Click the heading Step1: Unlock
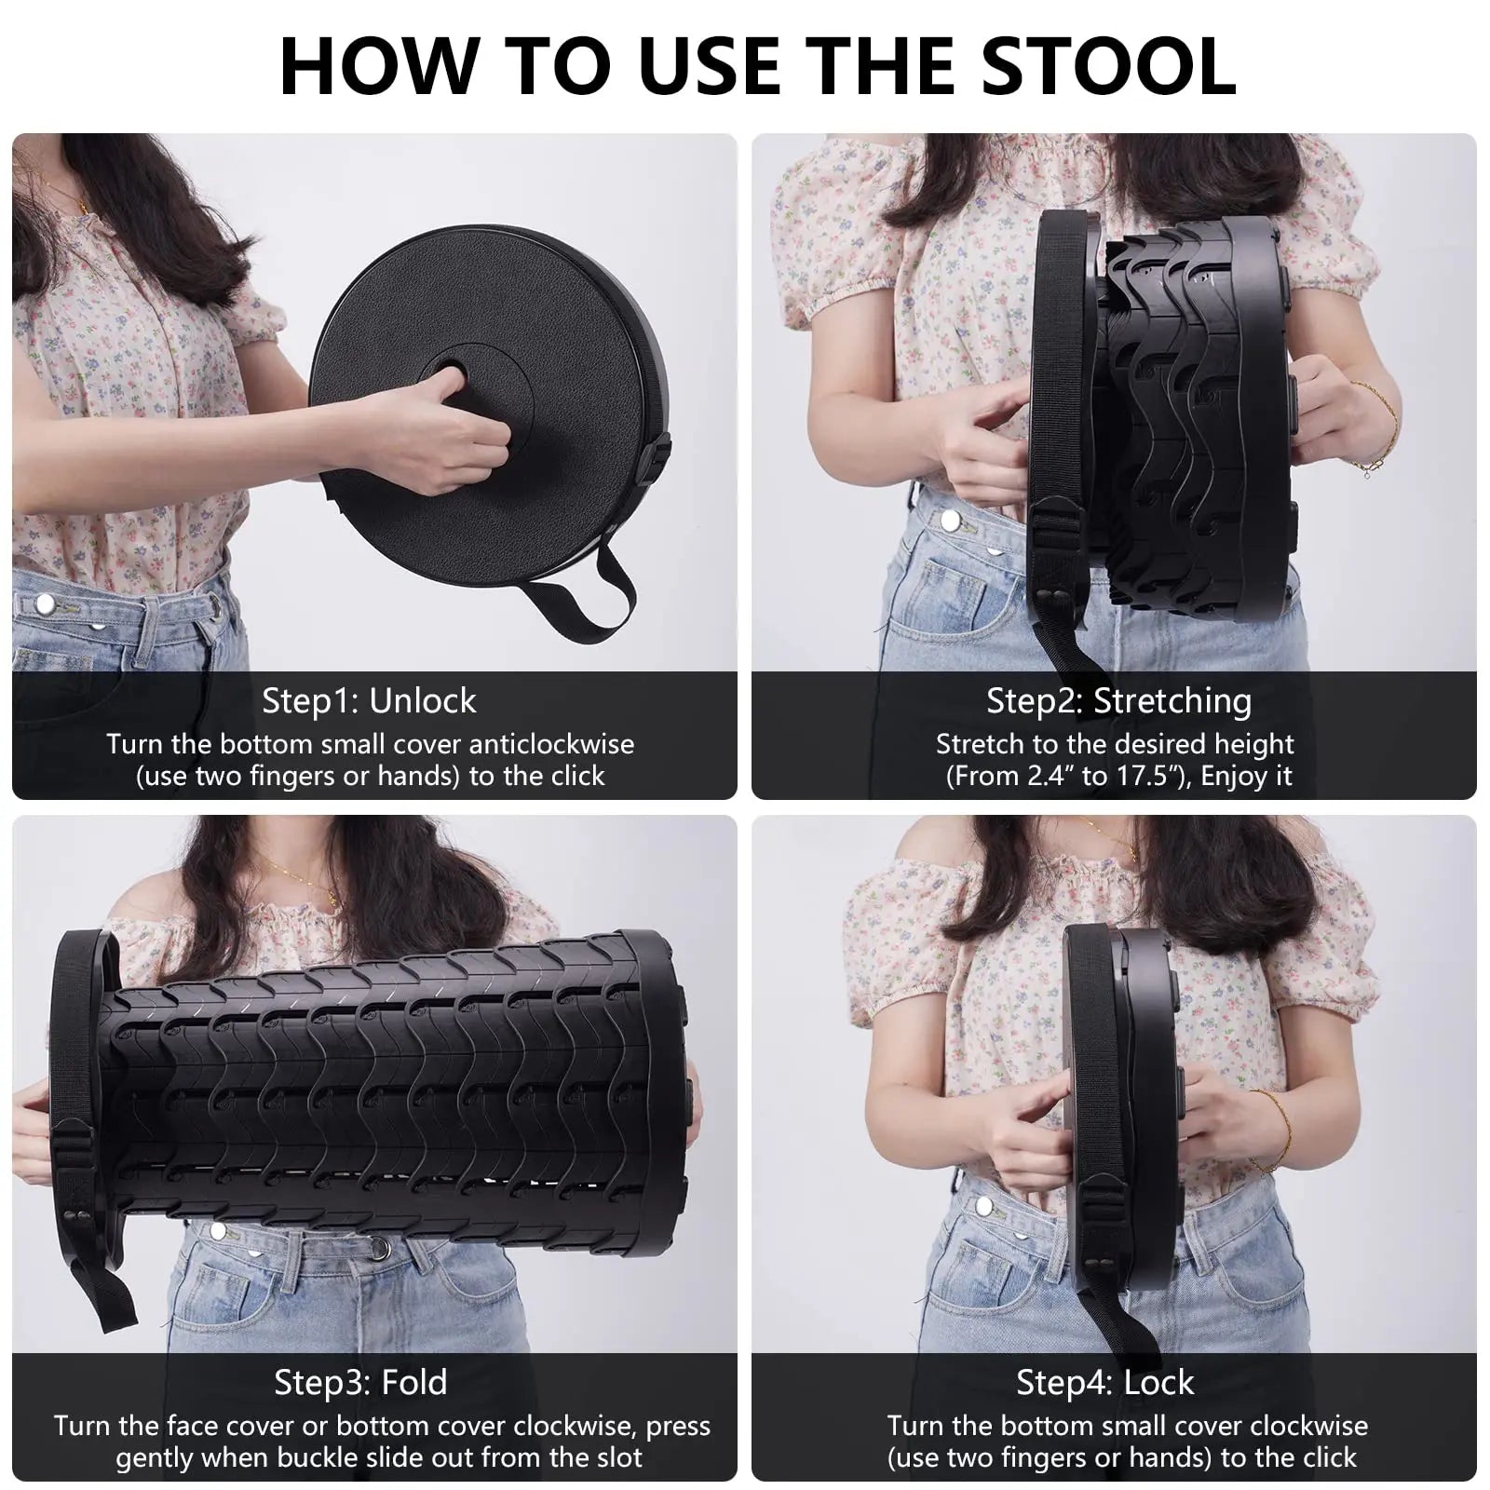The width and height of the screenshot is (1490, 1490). tap(369, 700)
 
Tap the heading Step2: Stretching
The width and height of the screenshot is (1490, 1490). tap(1118, 700)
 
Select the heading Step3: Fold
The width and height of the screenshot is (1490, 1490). tap(360, 1382)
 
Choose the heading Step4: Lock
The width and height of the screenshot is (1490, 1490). tap(1104, 1382)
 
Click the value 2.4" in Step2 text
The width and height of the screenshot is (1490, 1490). tap(1040, 776)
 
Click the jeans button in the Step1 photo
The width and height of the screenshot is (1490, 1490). tap(43, 605)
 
